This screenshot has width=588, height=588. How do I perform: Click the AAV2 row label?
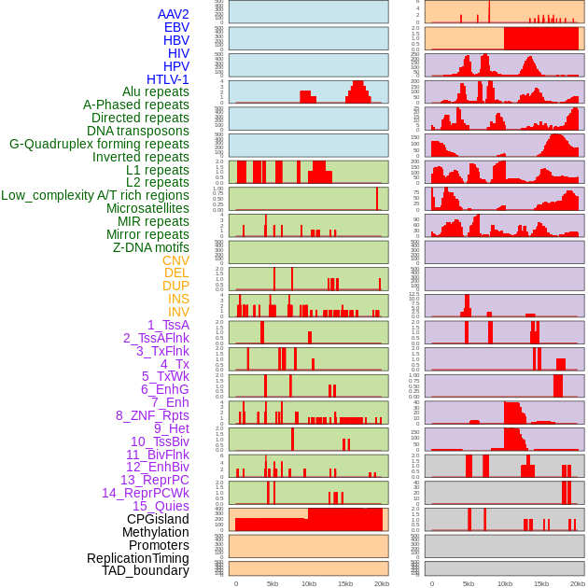[174, 14]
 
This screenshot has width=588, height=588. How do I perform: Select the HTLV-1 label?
[168, 79]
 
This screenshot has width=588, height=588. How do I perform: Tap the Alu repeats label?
[156, 91]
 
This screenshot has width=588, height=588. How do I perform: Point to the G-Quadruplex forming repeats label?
[99, 144]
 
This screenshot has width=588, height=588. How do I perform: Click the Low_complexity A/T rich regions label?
[95, 195]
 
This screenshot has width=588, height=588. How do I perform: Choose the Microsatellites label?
[147, 208]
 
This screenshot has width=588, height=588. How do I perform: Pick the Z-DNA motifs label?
[151, 247]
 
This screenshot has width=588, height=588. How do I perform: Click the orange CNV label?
[175, 260]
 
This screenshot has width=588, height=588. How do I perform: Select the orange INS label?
[178, 299]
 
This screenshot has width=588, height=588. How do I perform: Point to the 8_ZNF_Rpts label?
[152, 415]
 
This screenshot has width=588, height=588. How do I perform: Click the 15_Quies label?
[161, 506]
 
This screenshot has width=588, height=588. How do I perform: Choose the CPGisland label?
[158, 519]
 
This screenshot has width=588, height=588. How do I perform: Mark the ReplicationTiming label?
[137, 558]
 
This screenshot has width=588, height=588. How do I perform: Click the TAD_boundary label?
[146, 570]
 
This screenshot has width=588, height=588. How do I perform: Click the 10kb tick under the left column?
[308, 584]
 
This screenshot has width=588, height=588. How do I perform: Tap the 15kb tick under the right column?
[540, 584]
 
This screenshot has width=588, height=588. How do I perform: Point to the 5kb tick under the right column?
[468, 584]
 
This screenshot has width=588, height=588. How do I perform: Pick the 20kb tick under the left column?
[381, 584]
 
